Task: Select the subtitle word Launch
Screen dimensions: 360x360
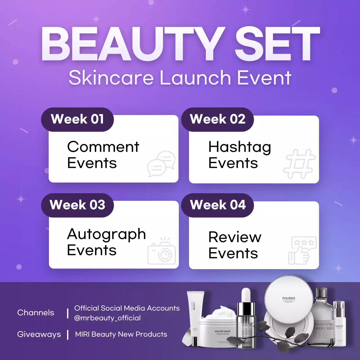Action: [x=195, y=78]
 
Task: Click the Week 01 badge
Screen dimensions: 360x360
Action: [x=77, y=119]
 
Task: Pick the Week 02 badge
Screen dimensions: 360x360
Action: [x=217, y=119]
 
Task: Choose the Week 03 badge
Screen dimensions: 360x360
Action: [x=77, y=205]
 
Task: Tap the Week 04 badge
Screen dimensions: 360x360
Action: [x=217, y=205]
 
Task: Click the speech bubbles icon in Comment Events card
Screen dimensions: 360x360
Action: [x=161, y=164]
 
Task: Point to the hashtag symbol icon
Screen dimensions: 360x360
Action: [x=299, y=164]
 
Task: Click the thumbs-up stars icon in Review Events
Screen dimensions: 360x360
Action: [x=302, y=250]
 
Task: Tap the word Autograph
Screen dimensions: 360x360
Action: [x=106, y=234]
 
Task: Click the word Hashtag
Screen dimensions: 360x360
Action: [x=240, y=147]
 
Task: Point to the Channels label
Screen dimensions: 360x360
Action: [x=36, y=312]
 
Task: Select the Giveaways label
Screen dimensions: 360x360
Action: [x=39, y=334]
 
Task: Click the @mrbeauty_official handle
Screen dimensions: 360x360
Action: [x=107, y=318]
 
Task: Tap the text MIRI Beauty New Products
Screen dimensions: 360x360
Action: [x=121, y=334]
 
